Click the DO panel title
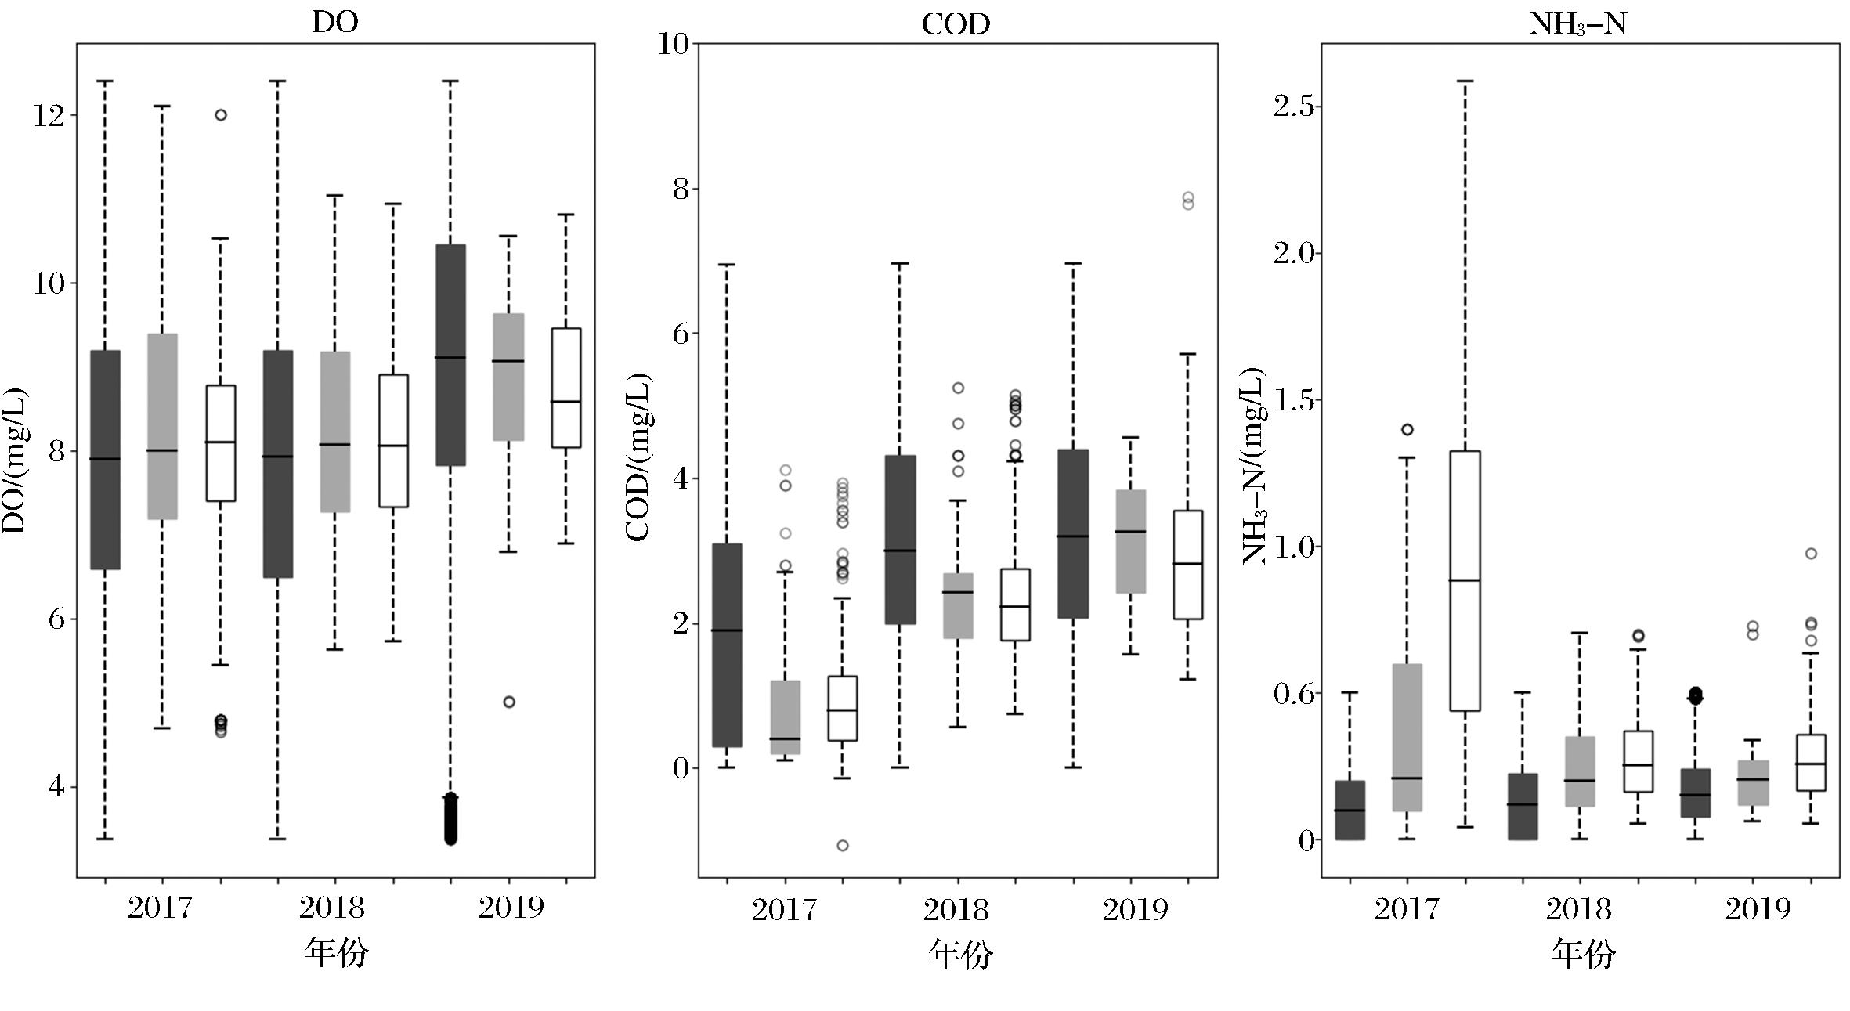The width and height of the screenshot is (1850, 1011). (335, 21)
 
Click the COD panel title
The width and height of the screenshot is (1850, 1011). (956, 23)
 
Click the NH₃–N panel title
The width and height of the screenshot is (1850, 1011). (1578, 23)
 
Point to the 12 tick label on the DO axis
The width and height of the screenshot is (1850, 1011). (48, 116)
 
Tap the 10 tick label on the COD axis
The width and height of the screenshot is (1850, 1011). (672, 45)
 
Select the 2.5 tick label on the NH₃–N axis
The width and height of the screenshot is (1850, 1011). (1292, 107)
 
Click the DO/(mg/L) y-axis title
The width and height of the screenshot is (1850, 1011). (15, 460)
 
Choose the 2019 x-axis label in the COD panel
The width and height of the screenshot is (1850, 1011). (1135, 910)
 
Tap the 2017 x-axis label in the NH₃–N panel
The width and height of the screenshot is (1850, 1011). (1407, 910)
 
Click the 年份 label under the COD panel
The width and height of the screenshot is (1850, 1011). (960, 954)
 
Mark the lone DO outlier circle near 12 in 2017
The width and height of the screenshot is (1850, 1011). (221, 115)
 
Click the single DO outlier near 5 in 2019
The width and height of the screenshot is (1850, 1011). (509, 702)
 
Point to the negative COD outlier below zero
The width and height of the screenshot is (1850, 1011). (843, 846)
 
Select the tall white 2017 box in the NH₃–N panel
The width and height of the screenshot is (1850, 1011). (1465, 580)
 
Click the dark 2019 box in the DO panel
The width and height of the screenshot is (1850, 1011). (450, 355)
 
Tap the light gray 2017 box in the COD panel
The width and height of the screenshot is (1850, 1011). (786, 717)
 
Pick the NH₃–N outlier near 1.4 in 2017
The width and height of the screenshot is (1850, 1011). (1407, 429)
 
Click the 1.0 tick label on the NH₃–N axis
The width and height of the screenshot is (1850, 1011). (1292, 547)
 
